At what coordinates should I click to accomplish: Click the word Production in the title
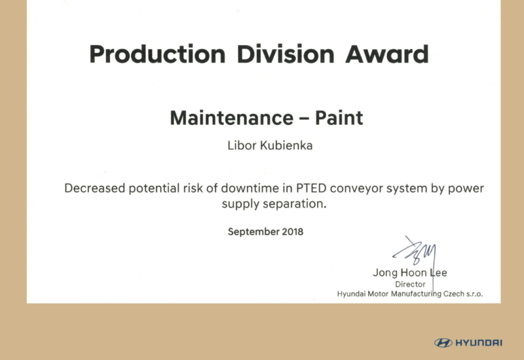157,54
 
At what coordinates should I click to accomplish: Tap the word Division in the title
286,54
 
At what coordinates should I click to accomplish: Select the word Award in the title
387,54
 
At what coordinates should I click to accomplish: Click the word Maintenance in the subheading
232,118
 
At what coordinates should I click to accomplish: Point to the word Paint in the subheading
339,118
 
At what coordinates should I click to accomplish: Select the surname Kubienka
286,145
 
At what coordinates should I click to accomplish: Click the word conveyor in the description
356,189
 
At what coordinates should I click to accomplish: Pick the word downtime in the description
250,189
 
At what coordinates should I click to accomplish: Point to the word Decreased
94,189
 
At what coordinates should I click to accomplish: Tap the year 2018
293,232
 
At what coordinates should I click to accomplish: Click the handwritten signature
415,254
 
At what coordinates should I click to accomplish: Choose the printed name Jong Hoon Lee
410,273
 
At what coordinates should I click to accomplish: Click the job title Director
411,284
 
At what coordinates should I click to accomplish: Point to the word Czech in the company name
454,294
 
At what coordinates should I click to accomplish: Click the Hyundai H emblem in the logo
443,343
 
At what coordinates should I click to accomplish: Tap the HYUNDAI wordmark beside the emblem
479,343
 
